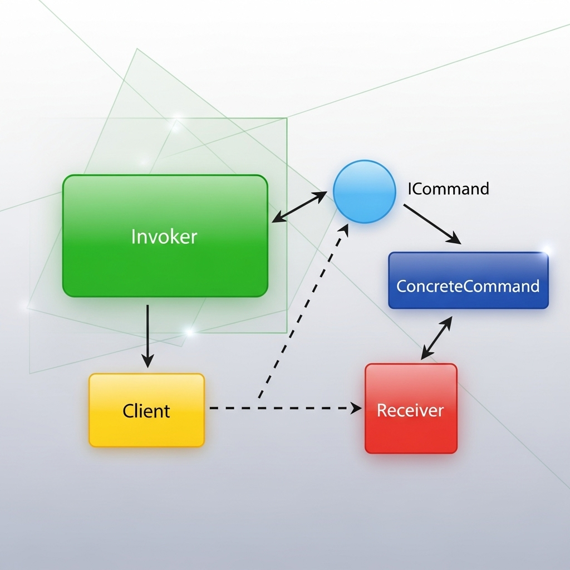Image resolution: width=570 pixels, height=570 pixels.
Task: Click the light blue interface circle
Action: pyautogui.click(x=364, y=191)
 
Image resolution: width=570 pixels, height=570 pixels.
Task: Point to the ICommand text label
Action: pyautogui.click(x=448, y=189)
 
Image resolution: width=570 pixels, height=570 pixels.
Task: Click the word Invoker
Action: pyautogui.click(x=164, y=237)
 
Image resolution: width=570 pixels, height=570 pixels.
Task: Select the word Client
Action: pyautogui.click(x=146, y=411)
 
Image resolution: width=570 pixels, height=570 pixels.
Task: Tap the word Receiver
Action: pyautogui.click(x=410, y=410)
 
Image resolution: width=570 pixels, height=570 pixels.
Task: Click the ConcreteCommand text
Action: pyautogui.click(x=468, y=286)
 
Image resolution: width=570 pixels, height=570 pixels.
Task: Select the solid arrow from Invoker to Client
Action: pyautogui.click(x=148, y=334)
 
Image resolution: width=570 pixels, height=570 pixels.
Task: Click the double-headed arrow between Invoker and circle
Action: pyautogui.click(x=299, y=207)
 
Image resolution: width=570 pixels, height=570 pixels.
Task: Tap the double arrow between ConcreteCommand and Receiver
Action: pyautogui.click(x=436, y=338)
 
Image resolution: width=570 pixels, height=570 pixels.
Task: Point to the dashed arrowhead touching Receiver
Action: pyautogui.click(x=357, y=408)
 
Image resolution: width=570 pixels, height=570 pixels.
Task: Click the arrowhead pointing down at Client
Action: pyautogui.click(x=148, y=362)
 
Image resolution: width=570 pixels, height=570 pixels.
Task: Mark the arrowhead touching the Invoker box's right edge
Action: pyautogui.click(x=277, y=219)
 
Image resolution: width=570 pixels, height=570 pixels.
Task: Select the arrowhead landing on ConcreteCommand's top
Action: pyautogui.click(x=455, y=240)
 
